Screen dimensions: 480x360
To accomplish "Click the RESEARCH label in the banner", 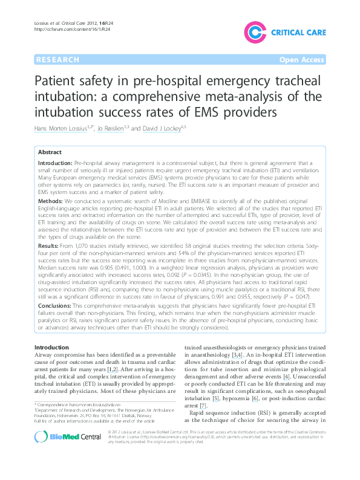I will (x=57, y=59).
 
